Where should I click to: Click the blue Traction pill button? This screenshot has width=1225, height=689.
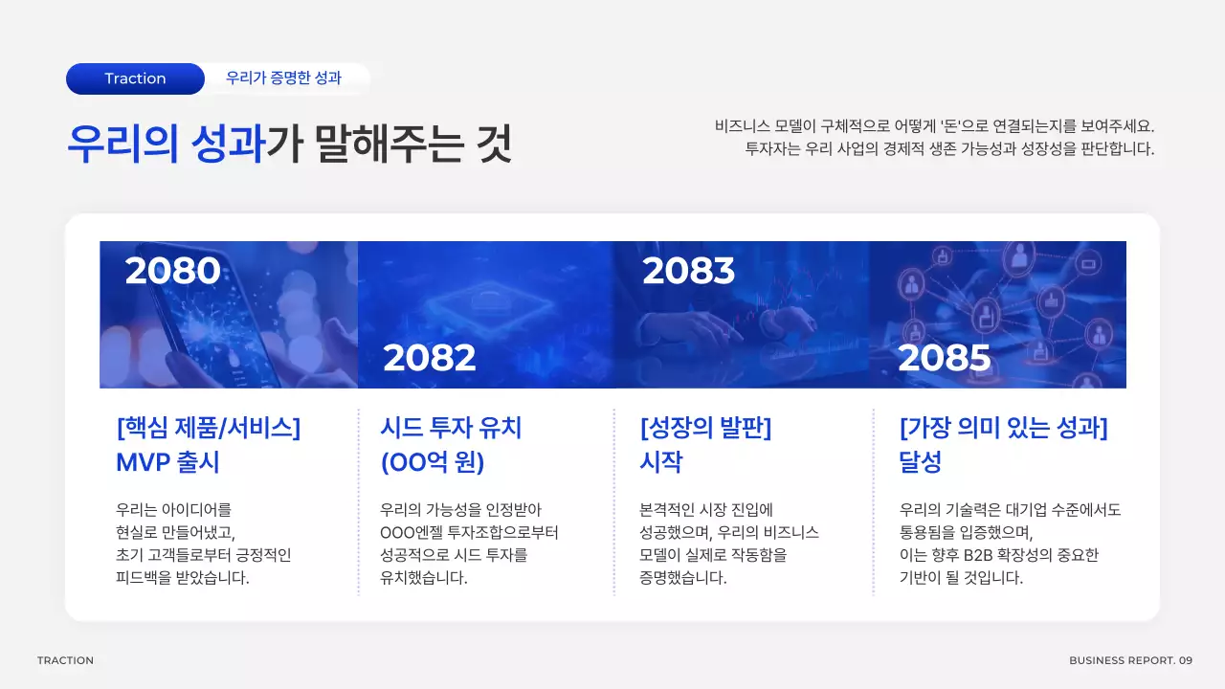click(x=135, y=78)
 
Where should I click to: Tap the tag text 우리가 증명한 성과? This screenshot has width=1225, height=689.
click(x=283, y=78)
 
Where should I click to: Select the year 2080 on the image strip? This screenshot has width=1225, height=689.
click(x=172, y=272)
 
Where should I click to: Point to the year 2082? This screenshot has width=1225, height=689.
click(x=430, y=358)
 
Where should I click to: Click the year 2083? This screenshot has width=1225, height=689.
click(x=688, y=272)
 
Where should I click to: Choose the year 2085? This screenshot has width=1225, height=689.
click(x=944, y=358)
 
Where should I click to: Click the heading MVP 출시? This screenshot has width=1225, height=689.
click(x=167, y=462)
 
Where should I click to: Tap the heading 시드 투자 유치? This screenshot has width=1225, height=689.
click(x=451, y=427)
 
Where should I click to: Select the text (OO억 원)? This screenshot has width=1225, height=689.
click(x=433, y=462)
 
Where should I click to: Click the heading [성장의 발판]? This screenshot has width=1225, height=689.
click(x=705, y=427)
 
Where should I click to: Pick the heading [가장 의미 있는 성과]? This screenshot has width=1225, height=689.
click(x=1004, y=427)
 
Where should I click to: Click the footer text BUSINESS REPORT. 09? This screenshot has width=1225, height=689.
click(x=1130, y=660)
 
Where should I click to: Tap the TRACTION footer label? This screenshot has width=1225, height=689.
click(x=65, y=660)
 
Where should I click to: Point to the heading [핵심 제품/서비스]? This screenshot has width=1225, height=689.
click(x=208, y=427)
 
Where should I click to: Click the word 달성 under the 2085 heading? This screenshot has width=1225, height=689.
click(x=921, y=462)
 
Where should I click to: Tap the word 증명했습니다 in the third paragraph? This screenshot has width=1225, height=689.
click(x=682, y=578)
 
